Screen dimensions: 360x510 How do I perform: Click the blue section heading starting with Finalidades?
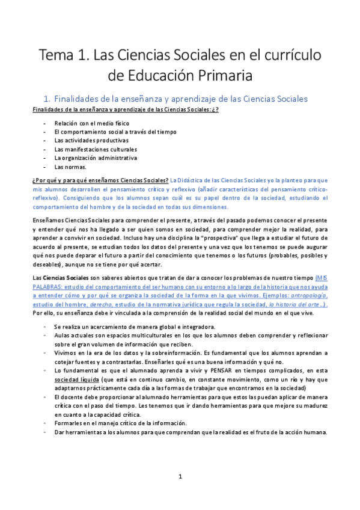click(180, 98)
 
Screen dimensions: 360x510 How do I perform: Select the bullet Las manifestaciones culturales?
click(96, 149)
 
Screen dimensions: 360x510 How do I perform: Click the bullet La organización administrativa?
click(96, 158)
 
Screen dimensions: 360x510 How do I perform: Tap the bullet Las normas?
click(70, 167)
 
